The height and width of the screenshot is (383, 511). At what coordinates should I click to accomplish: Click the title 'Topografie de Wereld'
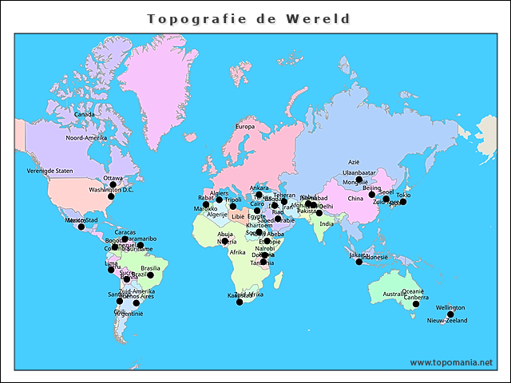(249, 18)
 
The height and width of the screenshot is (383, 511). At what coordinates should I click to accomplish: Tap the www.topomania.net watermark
(452, 362)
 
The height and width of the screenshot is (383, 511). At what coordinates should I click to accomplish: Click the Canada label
(84, 114)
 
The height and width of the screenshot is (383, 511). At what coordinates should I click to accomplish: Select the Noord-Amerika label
(86, 138)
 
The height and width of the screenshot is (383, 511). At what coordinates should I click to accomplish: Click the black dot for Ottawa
(113, 184)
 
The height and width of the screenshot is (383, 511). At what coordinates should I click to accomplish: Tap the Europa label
(244, 127)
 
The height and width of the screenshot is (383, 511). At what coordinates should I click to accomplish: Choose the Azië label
(355, 162)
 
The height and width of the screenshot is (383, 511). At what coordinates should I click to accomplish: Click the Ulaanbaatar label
(358, 172)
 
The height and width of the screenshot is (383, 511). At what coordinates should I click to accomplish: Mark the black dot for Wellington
(450, 314)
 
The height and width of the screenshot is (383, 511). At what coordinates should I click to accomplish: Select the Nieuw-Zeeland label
(446, 321)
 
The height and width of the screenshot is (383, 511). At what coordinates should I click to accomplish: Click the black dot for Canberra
(416, 304)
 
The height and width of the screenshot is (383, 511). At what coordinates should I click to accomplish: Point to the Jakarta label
(359, 255)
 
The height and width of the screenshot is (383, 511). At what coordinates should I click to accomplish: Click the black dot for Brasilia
(150, 275)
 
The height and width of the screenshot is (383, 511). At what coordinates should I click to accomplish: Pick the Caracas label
(125, 232)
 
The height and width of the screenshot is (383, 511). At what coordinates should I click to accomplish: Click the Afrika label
(238, 252)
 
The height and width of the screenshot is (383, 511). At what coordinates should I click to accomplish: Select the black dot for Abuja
(225, 241)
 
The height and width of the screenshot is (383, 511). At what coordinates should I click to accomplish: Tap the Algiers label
(220, 193)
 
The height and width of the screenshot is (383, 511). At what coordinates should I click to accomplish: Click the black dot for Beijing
(372, 195)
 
